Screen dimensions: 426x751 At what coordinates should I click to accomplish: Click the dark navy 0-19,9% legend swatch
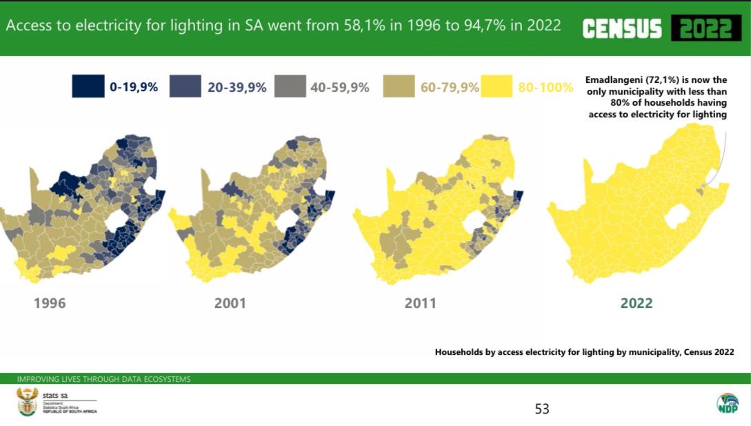pyautogui.click(x=88, y=87)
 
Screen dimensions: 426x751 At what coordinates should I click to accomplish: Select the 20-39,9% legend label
pyautogui.click(x=237, y=88)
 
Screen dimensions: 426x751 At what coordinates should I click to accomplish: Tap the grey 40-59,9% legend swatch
pyautogui.click(x=289, y=87)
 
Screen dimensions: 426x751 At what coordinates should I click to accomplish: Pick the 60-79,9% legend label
pyautogui.click(x=450, y=88)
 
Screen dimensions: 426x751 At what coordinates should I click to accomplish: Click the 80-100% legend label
pyautogui.click(x=545, y=88)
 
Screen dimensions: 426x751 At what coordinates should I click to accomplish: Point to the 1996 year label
pyautogui.click(x=50, y=303)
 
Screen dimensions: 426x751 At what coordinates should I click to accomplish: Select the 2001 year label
pyautogui.click(x=230, y=303)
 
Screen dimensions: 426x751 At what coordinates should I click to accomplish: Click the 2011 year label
pyautogui.click(x=420, y=303)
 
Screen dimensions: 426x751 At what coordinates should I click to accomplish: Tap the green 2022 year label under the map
pyautogui.click(x=636, y=303)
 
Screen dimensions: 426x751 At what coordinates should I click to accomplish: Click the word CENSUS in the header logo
pyautogui.click(x=621, y=29)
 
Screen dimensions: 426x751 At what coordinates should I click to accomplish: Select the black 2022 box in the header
pyautogui.click(x=705, y=29)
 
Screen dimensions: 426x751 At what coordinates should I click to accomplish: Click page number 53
pyautogui.click(x=542, y=409)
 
